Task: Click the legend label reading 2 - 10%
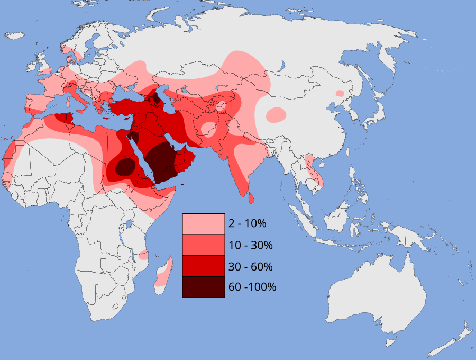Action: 247,223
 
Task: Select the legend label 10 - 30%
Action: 250,245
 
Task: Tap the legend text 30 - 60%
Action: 250,266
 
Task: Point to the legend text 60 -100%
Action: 252,287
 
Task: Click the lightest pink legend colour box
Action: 203,224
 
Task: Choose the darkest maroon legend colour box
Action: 203,287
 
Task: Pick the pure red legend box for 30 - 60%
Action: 203,266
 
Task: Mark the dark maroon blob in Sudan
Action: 125,167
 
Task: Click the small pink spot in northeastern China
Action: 340,93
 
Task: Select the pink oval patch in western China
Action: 276,114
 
